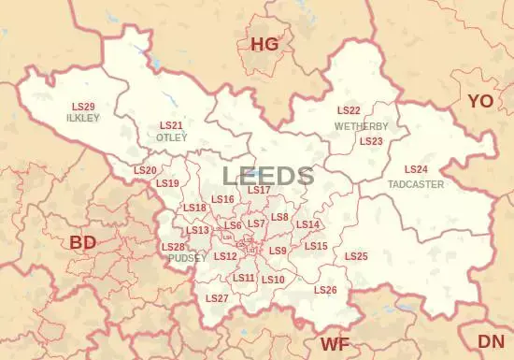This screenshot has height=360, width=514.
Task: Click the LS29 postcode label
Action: click(83, 108)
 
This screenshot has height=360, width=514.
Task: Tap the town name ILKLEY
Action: click(83, 119)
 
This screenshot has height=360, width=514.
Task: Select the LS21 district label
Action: click(171, 125)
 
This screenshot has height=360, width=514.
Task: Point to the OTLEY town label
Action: click(171, 137)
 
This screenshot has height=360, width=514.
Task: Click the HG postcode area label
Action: click(264, 44)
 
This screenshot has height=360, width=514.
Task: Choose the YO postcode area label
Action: click(480, 100)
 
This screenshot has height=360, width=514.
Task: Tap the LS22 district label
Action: click(349, 111)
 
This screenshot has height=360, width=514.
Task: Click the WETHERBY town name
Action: click(361, 125)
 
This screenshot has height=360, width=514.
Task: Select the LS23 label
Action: click(371, 141)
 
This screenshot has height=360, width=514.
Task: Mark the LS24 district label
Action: click(416, 169)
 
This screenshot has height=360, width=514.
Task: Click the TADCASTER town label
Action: click(416, 184)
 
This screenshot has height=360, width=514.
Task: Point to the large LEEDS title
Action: click(268, 175)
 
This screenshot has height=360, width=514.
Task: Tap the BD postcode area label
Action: click(83, 243)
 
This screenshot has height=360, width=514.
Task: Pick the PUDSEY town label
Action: click(181, 258)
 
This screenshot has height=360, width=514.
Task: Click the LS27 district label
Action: click(217, 298)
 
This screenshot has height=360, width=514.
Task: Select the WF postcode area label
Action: click(335, 344)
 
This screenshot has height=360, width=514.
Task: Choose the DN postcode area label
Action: click(491, 341)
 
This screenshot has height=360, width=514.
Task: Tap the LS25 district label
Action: click(356, 256)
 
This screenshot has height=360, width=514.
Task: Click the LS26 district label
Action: click(325, 291)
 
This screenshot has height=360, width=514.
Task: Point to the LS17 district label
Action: click(259, 191)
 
